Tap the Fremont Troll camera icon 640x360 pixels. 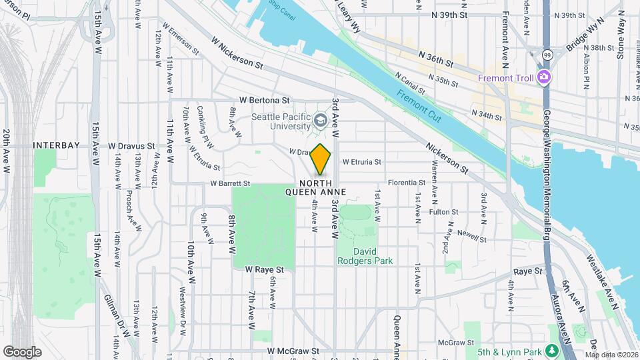click(544, 77)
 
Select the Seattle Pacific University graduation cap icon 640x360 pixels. click(321, 121)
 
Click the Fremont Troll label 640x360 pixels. click(508, 77)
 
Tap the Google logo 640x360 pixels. click(22, 351)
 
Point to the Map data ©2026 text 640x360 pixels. click(611, 355)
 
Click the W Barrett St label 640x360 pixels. click(230, 183)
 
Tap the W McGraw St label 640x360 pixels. click(294, 351)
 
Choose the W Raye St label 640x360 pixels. click(265, 270)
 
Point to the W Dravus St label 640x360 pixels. click(131, 145)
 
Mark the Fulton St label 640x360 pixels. click(444, 212)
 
